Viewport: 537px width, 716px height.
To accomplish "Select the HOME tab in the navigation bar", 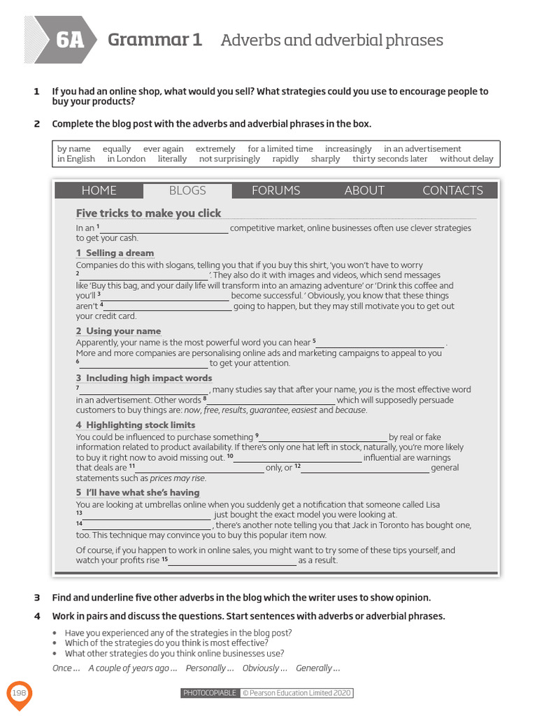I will click(x=99, y=190).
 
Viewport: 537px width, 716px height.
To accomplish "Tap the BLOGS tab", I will click(x=187, y=190).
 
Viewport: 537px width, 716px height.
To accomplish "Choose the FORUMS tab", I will click(x=275, y=190).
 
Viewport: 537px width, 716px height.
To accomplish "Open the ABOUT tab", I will click(x=364, y=190).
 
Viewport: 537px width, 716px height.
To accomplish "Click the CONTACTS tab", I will click(x=452, y=190).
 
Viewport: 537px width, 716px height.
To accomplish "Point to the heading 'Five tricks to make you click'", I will click(x=148, y=213).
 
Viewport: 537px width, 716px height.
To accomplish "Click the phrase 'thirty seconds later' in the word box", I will click(x=389, y=159).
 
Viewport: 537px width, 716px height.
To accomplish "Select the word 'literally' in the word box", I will click(x=172, y=159).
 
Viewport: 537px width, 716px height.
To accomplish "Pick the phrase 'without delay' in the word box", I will click(x=466, y=159).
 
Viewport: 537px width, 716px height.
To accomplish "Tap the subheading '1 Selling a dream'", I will click(x=115, y=253).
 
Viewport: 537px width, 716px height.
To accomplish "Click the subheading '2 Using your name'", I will click(x=118, y=331).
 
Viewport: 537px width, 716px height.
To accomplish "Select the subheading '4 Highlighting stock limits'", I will click(x=136, y=425).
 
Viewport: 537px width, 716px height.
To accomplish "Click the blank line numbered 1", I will click(x=165, y=229).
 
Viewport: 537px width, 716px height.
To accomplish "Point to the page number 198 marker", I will click(x=19, y=692).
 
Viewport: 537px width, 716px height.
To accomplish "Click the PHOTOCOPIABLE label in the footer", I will click(x=209, y=693).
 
